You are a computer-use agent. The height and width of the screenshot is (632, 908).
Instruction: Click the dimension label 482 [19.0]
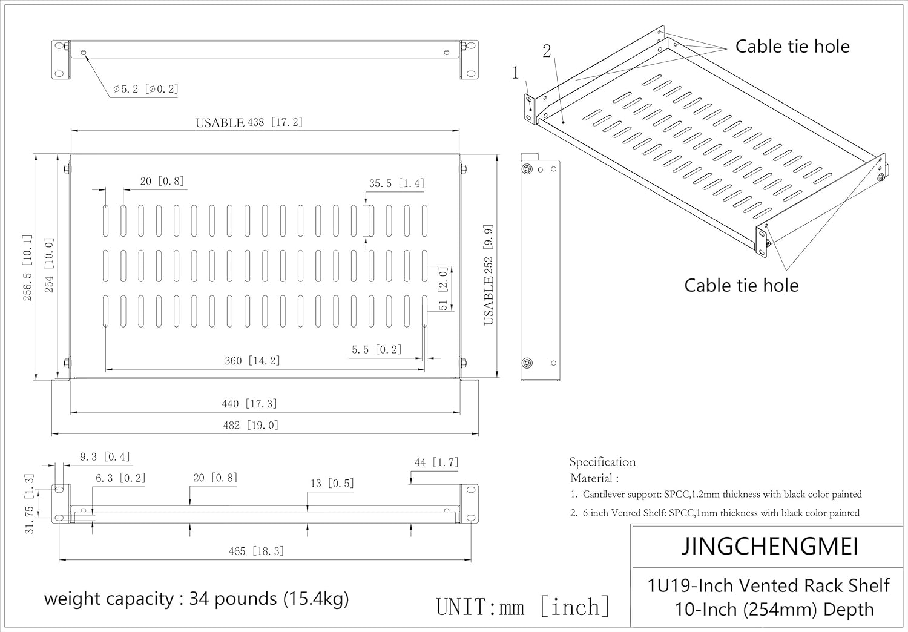click(251, 425)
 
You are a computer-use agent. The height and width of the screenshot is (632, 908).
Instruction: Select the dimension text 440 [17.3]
click(249, 403)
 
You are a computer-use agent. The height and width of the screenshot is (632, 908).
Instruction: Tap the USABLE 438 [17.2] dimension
click(249, 122)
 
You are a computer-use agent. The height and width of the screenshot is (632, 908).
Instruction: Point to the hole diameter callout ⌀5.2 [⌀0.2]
click(146, 89)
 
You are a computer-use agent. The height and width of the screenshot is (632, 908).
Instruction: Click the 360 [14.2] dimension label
click(252, 360)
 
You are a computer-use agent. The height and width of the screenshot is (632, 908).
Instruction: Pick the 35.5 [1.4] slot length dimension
click(396, 183)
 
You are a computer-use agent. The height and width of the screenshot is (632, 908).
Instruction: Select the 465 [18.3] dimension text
click(256, 551)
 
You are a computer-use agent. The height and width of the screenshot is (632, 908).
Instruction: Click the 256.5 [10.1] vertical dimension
click(27, 268)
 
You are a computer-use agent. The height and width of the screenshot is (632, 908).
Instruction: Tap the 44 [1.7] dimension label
click(436, 462)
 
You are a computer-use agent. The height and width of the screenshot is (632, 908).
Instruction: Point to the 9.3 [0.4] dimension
click(105, 457)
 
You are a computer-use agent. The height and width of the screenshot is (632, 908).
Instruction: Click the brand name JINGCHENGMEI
click(769, 546)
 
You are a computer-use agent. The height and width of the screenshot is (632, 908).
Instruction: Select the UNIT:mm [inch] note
click(523, 607)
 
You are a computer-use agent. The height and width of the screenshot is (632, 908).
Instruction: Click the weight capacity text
click(196, 599)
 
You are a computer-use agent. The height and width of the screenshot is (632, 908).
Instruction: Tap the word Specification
click(602, 462)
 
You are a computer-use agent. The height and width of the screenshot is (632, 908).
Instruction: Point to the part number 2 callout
click(547, 51)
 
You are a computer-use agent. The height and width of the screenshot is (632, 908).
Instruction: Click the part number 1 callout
click(515, 73)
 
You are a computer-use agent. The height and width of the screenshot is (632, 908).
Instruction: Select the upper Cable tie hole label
click(792, 46)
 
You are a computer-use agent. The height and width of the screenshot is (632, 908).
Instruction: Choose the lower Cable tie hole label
click(742, 285)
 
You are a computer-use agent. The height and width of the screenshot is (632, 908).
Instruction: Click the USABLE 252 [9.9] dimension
click(489, 275)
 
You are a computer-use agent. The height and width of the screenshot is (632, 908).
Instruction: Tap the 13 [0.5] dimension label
click(332, 483)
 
